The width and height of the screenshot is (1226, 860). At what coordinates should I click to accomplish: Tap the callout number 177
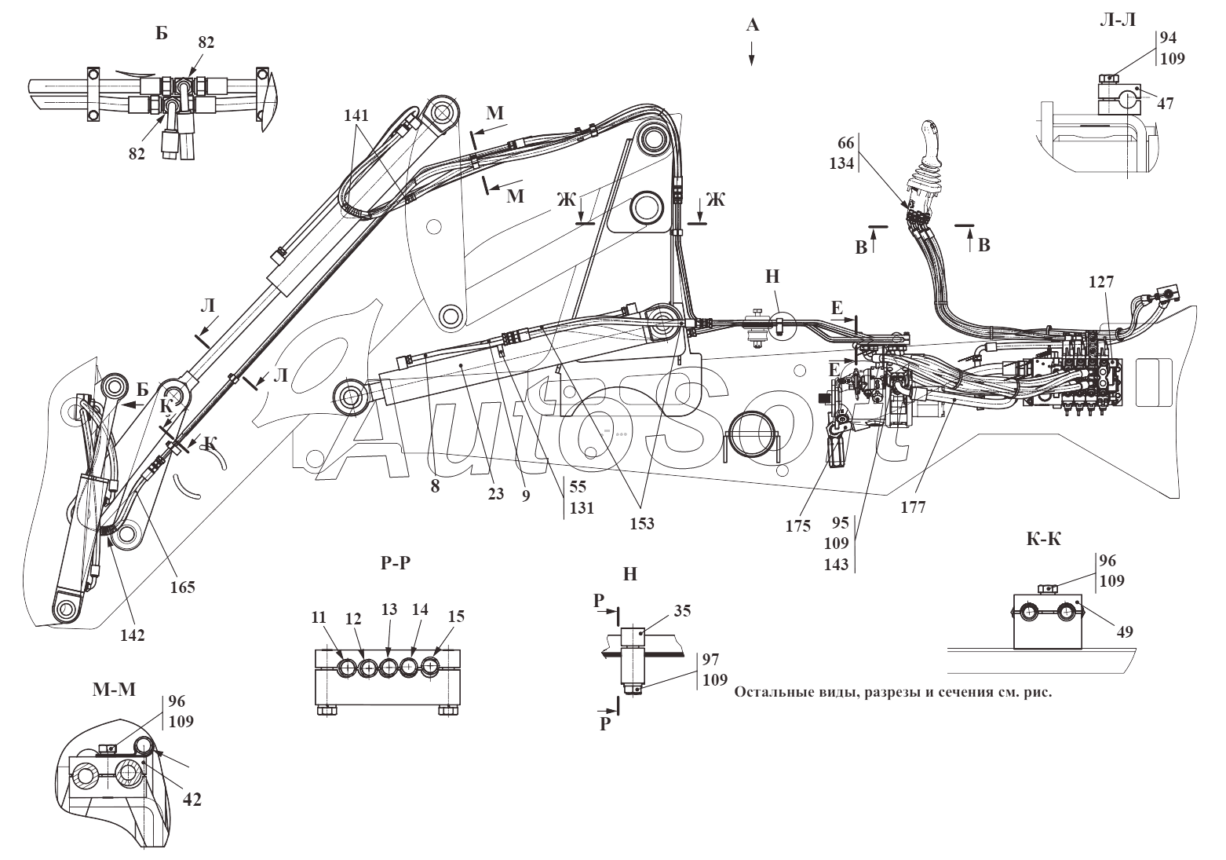pos(914,507)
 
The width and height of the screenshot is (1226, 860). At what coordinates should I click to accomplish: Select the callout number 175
pos(798,526)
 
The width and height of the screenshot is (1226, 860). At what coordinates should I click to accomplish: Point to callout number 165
pos(183,587)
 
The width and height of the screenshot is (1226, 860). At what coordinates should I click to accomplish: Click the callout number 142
pos(133,635)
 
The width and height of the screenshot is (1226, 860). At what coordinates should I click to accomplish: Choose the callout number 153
pos(642,523)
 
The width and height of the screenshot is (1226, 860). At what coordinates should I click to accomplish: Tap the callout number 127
pos(1101,281)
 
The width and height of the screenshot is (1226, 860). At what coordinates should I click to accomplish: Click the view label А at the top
pos(753,24)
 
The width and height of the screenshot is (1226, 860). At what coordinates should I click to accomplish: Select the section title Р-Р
pos(396,562)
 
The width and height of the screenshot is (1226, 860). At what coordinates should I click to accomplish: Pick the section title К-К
pos(1044,539)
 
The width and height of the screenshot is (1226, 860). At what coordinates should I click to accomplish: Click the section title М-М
pos(114,690)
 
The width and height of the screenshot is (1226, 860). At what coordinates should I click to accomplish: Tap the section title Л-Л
pos(1117,20)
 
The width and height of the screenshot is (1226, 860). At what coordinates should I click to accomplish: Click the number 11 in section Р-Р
pos(319,617)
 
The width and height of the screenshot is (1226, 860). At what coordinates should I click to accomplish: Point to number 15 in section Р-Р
pos(456,616)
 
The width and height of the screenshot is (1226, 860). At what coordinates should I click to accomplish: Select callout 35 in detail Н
pos(683,610)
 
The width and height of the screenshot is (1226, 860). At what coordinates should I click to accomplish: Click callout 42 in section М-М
pos(192,800)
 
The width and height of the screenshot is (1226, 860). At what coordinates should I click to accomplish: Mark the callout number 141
pos(356,115)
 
